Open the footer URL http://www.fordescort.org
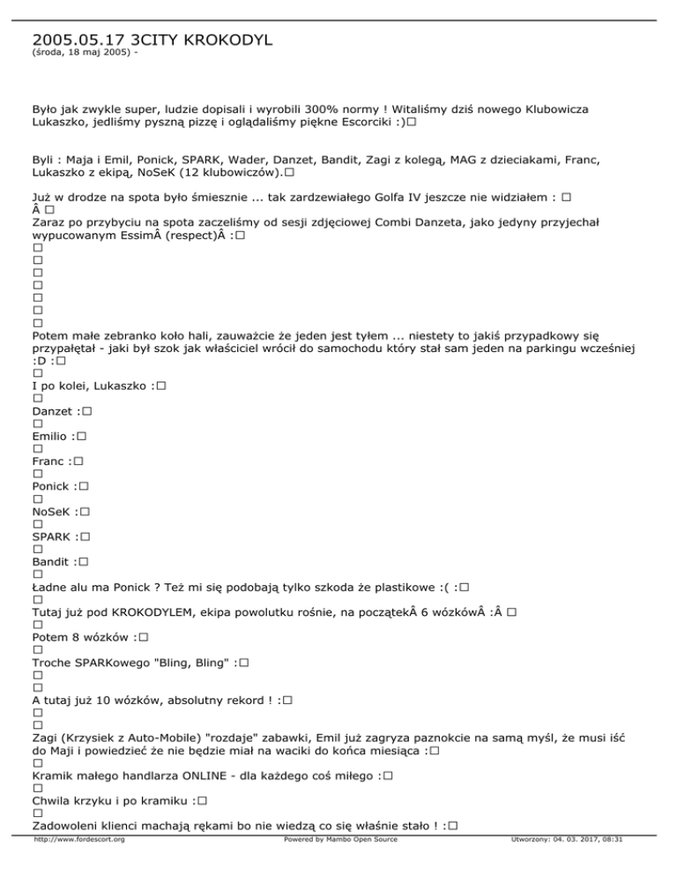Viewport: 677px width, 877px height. [x=78, y=865]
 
